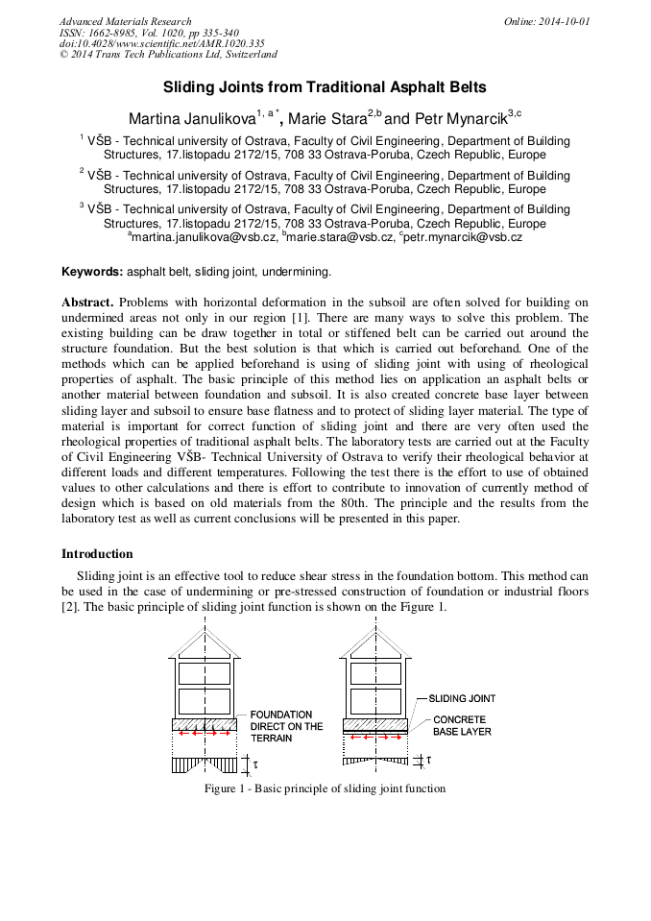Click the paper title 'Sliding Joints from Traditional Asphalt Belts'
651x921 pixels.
click(325, 87)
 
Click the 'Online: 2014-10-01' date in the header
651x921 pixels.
click(546, 21)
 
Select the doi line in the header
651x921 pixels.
click(161, 43)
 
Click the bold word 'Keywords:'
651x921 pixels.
click(92, 272)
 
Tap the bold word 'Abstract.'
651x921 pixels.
click(87, 303)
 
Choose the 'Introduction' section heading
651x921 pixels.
click(97, 554)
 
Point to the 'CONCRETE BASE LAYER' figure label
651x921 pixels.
click(461, 725)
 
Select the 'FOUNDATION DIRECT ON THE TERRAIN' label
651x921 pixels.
click(286, 727)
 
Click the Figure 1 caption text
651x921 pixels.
click(325, 788)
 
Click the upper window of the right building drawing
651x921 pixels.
click(374, 672)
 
